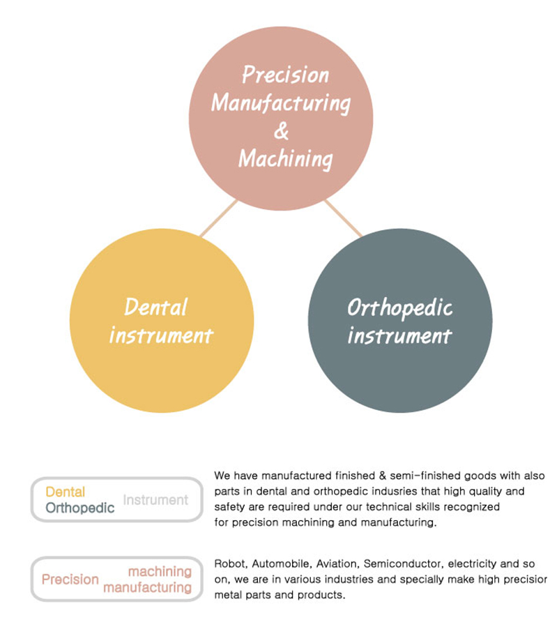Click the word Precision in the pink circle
pyautogui.click(x=284, y=75)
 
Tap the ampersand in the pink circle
pyautogui.click(x=281, y=130)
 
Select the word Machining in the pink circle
pyautogui.click(x=284, y=159)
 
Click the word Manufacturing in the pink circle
pyautogui.click(x=281, y=103)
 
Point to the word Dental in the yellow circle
pyautogui.click(x=155, y=307)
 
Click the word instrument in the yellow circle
pyautogui.click(x=160, y=336)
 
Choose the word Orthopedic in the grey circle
pyautogui.click(x=399, y=308)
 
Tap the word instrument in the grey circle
pyautogui.click(x=399, y=336)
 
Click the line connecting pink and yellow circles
pyautogui.click(x=218, y=218)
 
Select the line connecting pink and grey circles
pyautogui.click(x=343, y=218)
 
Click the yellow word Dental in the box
pyautogui.click(x=65, y=492)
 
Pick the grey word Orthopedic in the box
pyautogui.click(x=79, y=508)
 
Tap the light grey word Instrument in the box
pyautogui.click(x=155, y=500)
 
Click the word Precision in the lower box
pyautogui.click(x=70, y=579)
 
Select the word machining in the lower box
pyautogui.click(x=160, y=572)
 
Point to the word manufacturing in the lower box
pyautogui.click(x=147, y=588)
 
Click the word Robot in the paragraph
pyautogui.click(x=229, y=563)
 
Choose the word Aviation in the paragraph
pyautogui.click(x=337, y=563)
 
